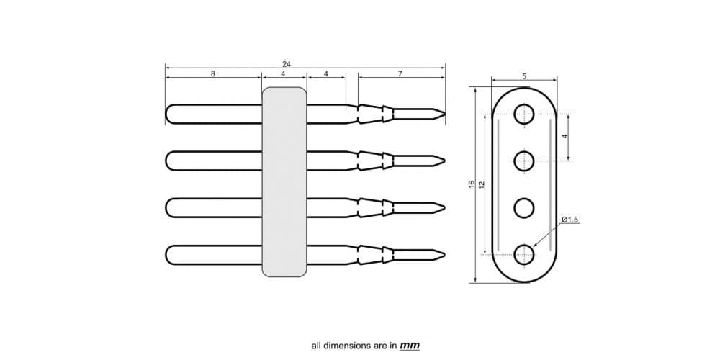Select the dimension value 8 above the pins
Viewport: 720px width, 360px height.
pyautogui.click(x=212, y=73)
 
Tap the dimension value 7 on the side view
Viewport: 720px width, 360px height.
pyautogui.click(x=400, y=73)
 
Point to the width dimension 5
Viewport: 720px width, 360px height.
pyautogui.click(x=524, y=75)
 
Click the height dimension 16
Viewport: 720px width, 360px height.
pyautogui.click(x=472, y=184)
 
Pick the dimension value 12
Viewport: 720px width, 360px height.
pyautogui.click(x=482, y=184)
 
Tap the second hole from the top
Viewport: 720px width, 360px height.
pyautogui.click(x=524, y=160)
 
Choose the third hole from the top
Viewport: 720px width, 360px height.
pyautogui.click(x=524, y=207)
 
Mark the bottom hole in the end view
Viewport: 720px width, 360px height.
pyautogui.click(x=524, y=254)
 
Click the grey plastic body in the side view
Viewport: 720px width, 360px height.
pyautogui.click(x=284, y=181)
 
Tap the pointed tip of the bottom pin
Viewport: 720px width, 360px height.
pyautogui.click(x=442, y=254)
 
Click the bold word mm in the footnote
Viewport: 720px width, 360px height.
pyautogui.click(x=410, y=345)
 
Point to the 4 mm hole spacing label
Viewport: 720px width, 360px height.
pyautogui.click(x=565, y=136)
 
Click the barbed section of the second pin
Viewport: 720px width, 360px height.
pyautogui.click(x=374, y=160)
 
